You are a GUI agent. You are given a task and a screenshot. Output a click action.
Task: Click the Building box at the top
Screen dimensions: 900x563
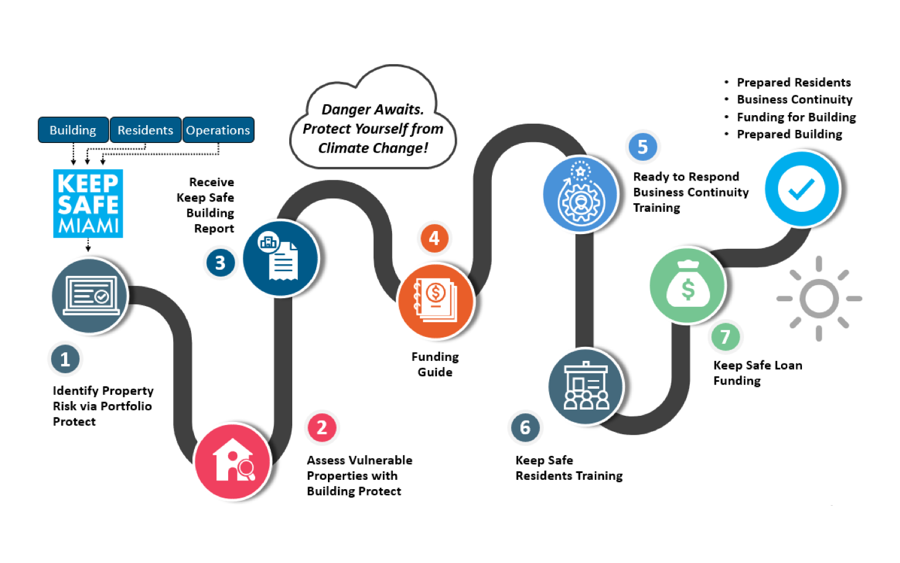point(73,130)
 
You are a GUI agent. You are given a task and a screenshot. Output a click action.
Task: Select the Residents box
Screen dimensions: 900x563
point(145,130)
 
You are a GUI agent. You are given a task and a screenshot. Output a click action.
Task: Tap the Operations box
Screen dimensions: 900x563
point(218,130)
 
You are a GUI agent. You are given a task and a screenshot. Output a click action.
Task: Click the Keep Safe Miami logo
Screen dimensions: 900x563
point(88,204)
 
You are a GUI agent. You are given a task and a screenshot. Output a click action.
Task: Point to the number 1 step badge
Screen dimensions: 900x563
point(65,359)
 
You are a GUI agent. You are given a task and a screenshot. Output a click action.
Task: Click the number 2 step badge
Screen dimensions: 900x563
point(322,427)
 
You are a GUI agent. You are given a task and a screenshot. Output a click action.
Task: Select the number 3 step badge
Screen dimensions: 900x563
point(220,263)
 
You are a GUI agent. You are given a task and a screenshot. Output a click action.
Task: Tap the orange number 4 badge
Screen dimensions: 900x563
point(435,238)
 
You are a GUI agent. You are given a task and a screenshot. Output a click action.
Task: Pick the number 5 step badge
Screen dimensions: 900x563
point(642,147)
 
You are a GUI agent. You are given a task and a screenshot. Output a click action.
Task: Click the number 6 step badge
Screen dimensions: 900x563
point(525,427)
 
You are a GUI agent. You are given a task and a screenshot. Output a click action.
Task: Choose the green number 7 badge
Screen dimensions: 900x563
point(725,336)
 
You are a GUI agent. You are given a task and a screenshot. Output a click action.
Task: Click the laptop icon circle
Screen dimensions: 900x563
point(89,296)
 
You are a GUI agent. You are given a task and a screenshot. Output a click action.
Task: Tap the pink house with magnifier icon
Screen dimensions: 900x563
point(232,462)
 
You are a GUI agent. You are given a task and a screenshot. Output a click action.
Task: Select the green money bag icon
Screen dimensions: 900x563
point(687,286)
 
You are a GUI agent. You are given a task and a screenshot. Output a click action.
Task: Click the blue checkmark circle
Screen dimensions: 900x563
point(802,188)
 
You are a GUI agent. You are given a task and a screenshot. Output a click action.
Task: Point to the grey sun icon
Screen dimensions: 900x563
point(819,299)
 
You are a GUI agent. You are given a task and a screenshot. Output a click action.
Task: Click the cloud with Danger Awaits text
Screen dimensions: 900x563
point(373,117)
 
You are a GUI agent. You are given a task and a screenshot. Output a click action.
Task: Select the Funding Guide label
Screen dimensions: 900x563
point(435,364)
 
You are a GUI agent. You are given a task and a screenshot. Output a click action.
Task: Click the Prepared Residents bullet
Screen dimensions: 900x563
point(788,83)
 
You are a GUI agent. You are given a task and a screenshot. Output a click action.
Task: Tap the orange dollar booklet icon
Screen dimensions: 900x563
point(436,301)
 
